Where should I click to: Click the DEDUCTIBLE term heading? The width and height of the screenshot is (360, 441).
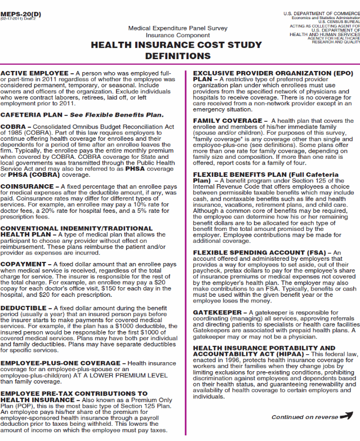[x=24, y=308]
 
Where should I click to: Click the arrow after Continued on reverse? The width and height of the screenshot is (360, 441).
[x=347, y=417]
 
